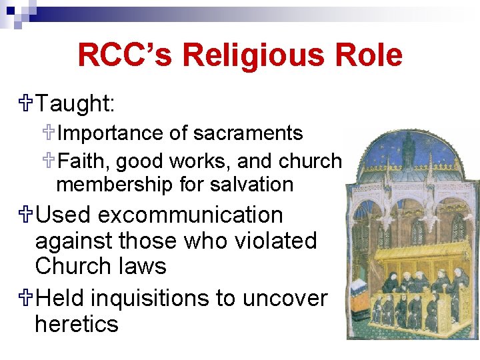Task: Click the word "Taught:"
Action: (x=75, y=103)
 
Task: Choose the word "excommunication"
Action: (x=192, y=215)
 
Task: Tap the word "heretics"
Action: (x=76, y=324)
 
